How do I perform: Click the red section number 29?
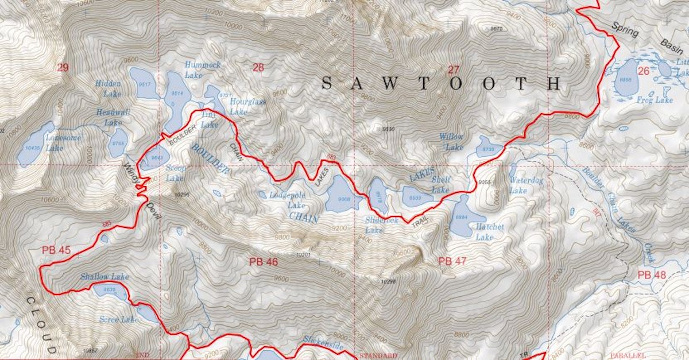point(63,68)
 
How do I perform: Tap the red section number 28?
point(258,68)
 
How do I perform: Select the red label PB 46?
point(264,262)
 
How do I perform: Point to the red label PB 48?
point(652,275)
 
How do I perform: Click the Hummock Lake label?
point(202,70)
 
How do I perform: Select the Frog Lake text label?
point(655,100)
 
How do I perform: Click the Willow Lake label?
point(451,141)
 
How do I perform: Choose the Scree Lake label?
point(119,319)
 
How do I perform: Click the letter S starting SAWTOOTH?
point(326,84)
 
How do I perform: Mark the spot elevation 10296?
point(181,195)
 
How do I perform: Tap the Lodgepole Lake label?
point(287,200)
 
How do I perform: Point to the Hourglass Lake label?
point(247,106)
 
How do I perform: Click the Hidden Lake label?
point(109,88)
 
